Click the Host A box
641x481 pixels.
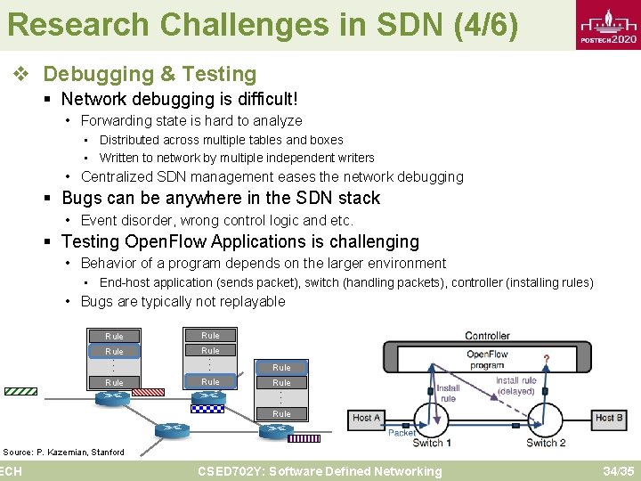point(367,418)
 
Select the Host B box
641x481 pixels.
point(609,418)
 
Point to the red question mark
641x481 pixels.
point(545,358)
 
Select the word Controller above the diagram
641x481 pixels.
point(487,336)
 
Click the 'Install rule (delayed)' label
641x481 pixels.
point(515,386)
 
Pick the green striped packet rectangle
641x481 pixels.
point(20,390)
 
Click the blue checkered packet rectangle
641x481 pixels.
point(207,409)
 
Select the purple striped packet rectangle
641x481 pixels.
point(304,438)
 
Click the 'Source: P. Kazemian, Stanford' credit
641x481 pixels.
point(63,452)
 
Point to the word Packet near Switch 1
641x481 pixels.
point(402,433)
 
